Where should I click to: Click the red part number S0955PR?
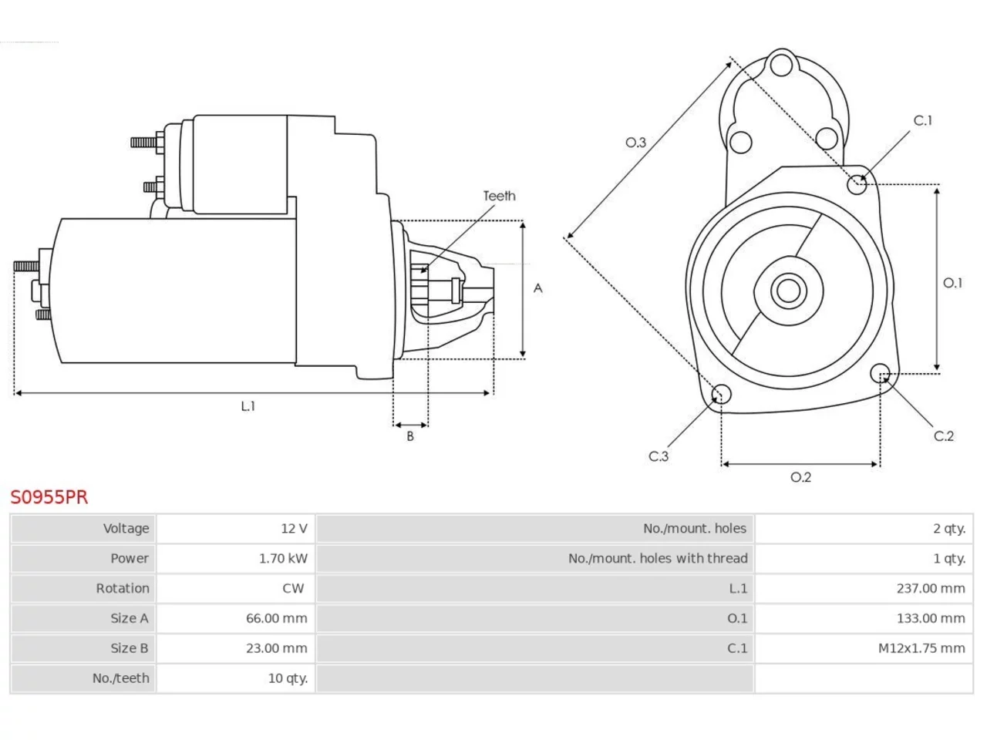(49, 497)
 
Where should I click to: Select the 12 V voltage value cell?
(294, 528)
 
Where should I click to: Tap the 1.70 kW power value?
(283, 559)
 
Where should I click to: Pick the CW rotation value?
(293, 588)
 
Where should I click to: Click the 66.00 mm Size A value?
(277, 618)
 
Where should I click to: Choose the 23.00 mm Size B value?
(277, 648)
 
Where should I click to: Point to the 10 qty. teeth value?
(288, 678)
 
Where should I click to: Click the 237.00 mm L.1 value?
(931, 588)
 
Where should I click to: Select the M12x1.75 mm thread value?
(921, 648)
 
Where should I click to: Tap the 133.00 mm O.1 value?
(931, 618)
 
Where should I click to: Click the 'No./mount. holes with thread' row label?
(658, 559)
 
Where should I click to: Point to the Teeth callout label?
(499, 196)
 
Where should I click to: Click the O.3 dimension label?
(636, 143)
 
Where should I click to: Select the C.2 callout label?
(943, 436)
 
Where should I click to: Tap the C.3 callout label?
(659, 456)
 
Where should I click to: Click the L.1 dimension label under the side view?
(248, 406)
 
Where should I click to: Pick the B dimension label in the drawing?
(410, 436)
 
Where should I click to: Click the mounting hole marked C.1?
(857, 184)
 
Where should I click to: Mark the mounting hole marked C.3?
(721, 394)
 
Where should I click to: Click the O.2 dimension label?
(801, 476)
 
